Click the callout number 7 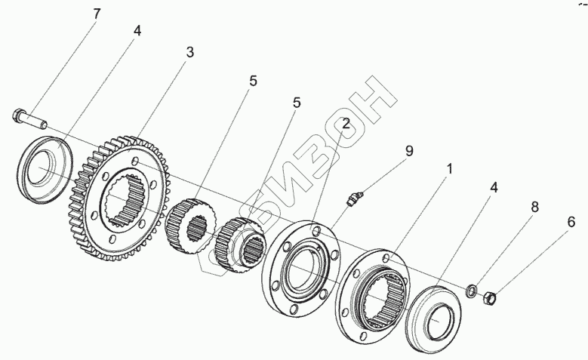(97, 14)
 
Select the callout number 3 (190, 52)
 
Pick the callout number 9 (408, 151)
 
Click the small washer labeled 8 (470, 291)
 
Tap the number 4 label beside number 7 (137, 30)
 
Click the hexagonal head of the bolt (18, 115)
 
